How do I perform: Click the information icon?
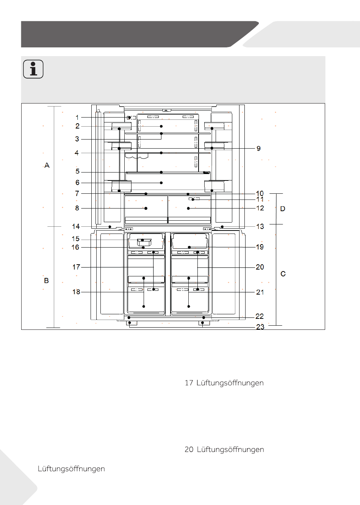coord(33,69)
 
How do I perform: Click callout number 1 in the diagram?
coord(77,118)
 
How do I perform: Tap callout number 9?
coord(258,148)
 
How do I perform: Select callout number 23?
coord(260,327)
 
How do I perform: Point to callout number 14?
coord(76,226)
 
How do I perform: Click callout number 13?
coord(260,226)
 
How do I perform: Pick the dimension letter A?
coord(47,165)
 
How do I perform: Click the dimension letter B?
coord(46,281)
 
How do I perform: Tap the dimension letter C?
coord(283,274)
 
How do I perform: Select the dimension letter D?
coord(283,209)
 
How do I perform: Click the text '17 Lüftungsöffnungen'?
coord(224,383)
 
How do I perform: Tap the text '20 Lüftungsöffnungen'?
coord(224,449)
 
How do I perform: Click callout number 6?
coord(77,182)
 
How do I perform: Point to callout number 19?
coord(260,247)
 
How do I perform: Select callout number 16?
coord(75,247)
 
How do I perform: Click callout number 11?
coord(260,199)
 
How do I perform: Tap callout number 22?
coord(260,316)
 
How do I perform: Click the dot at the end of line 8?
coord(146,208)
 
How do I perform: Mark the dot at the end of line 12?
coord(188,208)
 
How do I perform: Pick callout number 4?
coord(77,153)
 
